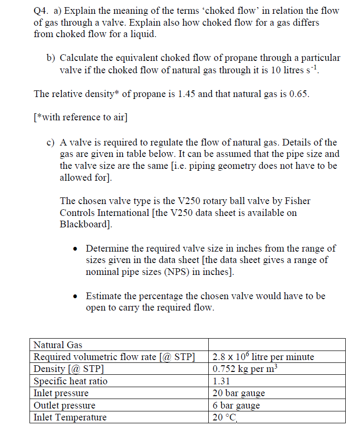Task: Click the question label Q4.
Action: pyautogui.click(x=41, y=10)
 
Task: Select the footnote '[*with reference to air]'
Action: pyautogui.click(x=80, y=117)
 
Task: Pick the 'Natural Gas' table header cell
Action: pyautogui.click(x=58, y=345)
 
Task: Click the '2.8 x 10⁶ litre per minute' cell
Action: pyautogui.click(x=263, y=357)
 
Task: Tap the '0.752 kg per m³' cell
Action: pyautogui.click(x=245, y=369)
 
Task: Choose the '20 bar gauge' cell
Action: pyautogui.click(x=238, y=393)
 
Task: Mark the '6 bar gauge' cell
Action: pyautogui.click(x=236, y=406)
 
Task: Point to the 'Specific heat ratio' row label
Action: pyautogui.click(x=70, y=381)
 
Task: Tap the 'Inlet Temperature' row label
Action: pyautogui.click(x=70, y=418)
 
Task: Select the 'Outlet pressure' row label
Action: pyautogui.click(x=64, y=406)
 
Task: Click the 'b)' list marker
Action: pyautogui.click(x=50, y=58)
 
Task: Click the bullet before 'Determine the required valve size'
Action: pyautogui.click(x=76, y=249)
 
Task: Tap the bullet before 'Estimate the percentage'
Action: pyautogui.click(x=76, y=296)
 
